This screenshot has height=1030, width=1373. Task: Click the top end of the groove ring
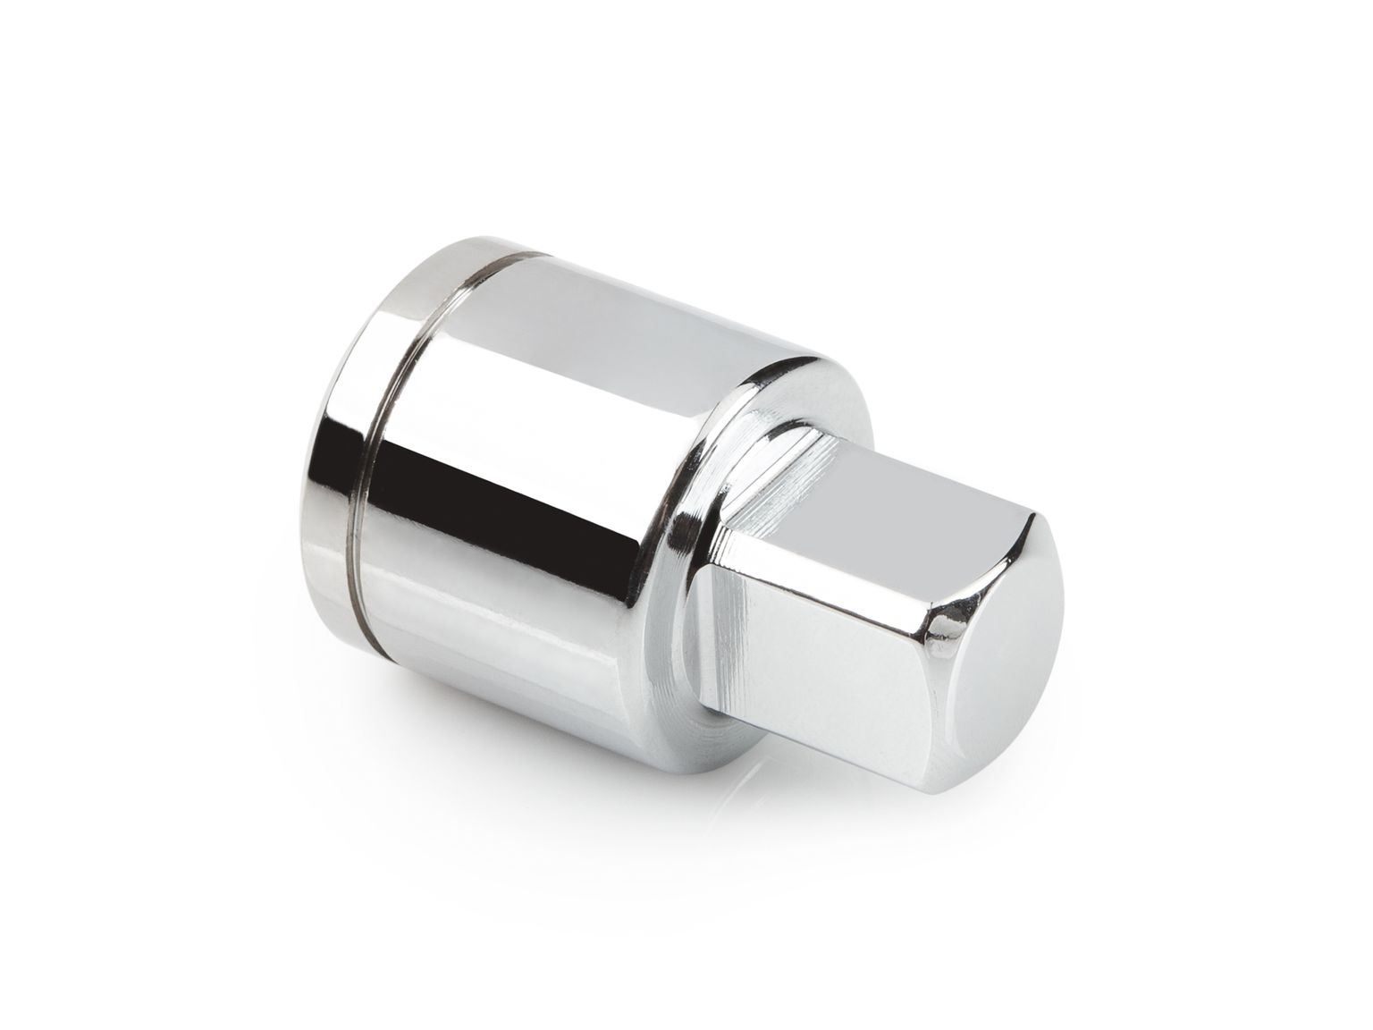518,255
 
